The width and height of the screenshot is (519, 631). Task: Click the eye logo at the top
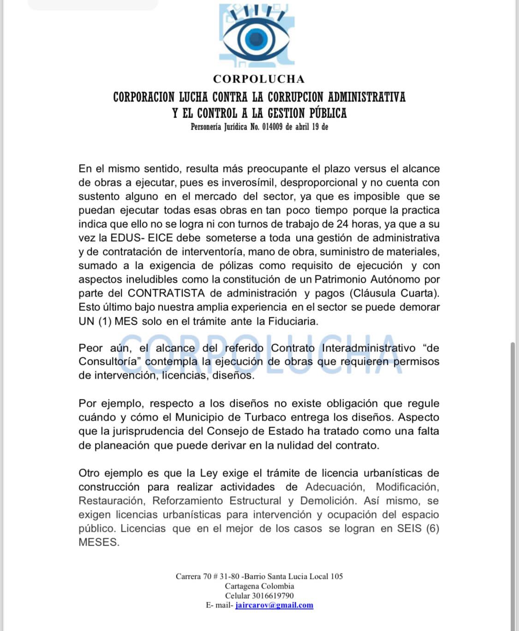point(257,36)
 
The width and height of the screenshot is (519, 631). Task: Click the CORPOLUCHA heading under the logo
point(259,79)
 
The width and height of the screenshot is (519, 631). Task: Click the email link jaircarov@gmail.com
point(274,605)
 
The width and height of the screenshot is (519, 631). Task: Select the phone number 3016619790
point(273,595)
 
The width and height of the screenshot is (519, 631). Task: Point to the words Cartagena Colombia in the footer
point(259,586)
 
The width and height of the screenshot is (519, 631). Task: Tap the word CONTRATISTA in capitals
point(166,293)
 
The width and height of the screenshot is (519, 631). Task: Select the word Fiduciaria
point(293,321)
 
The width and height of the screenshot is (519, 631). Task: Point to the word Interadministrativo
point(369,348)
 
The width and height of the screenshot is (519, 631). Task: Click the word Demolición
point(328,501)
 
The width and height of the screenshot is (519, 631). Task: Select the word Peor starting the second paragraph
point(90,348)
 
